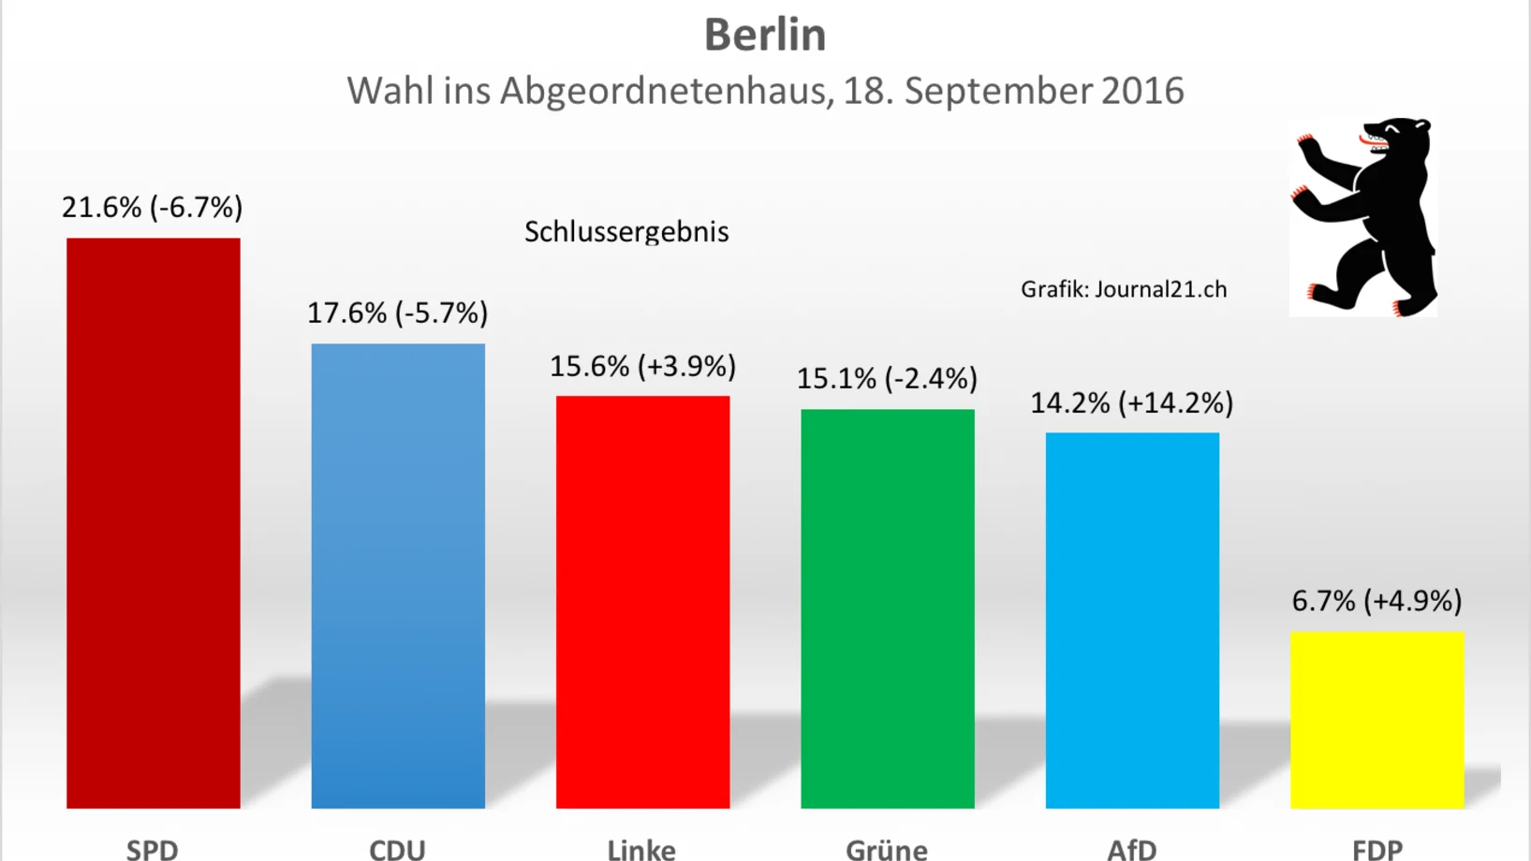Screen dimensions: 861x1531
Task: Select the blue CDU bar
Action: [x=398, y=576]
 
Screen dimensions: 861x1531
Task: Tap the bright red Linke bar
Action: [x=642, y=602]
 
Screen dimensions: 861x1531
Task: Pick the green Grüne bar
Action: [x=887, y=608]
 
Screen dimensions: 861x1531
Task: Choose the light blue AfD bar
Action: [x=1132, y=620]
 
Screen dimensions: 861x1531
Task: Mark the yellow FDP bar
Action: [x=1376, y=719]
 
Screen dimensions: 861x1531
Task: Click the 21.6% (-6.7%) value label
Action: [x=153, y=207]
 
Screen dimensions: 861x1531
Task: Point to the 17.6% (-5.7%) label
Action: [x=398, y=313]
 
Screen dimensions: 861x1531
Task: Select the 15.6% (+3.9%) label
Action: [x=642, y=366]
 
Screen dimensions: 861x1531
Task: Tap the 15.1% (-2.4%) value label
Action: [x=887, y=378]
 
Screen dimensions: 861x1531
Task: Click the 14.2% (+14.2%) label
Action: [x=1132, y=403]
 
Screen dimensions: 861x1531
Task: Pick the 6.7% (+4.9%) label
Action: [x=1376, y=601]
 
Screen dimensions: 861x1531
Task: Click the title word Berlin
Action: [x=765, y=36]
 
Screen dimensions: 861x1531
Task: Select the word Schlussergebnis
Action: [x=626, y=232]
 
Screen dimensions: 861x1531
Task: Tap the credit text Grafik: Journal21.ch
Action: [x=1124, y=289]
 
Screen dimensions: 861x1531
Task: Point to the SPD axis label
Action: [x=153, y=849]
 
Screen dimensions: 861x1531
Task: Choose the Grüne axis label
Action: [x=887, y=849]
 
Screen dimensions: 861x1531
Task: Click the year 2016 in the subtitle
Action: [x=1142, y=91]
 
